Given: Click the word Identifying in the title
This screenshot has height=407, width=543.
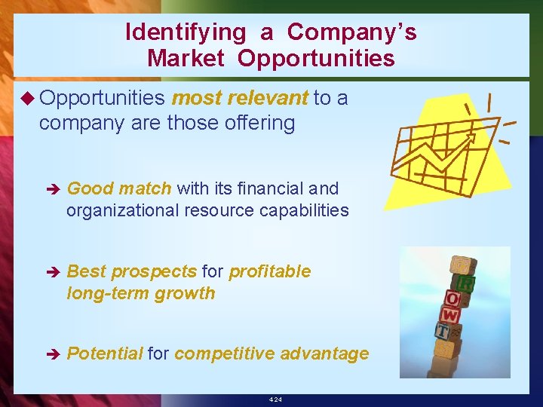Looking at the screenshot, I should (185, 32).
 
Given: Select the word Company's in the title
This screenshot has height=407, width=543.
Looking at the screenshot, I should (351, 32).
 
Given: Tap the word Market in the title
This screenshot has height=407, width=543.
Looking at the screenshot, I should (186, 58).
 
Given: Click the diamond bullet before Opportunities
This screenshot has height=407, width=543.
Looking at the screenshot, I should (27, 99).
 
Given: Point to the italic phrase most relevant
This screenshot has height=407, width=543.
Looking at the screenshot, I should (240, 98).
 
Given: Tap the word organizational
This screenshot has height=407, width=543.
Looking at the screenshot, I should (122, 210).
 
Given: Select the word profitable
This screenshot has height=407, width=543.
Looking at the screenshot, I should (269, 271).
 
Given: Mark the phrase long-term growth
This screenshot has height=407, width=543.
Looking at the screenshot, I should (140, 293).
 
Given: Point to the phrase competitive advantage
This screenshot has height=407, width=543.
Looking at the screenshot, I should (271, 353).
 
